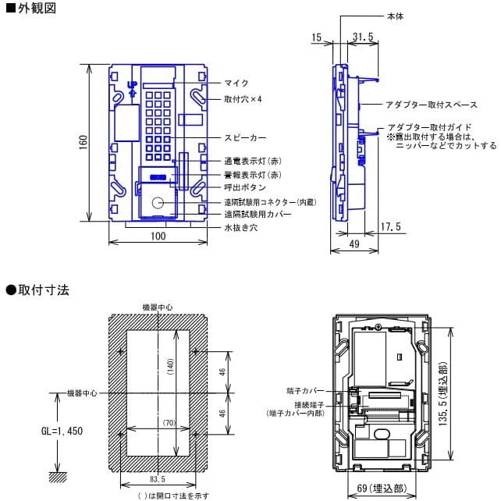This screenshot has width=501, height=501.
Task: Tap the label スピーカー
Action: coord(244,137)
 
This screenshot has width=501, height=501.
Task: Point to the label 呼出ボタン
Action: coord(244,187)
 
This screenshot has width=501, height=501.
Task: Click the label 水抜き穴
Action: coord(240,228)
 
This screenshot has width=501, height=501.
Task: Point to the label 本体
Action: coord(395,16)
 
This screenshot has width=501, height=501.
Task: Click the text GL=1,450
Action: coord(62,431)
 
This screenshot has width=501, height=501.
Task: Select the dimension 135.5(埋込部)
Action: coord(442,386)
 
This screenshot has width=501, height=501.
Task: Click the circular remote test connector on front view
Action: coord(158,204)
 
